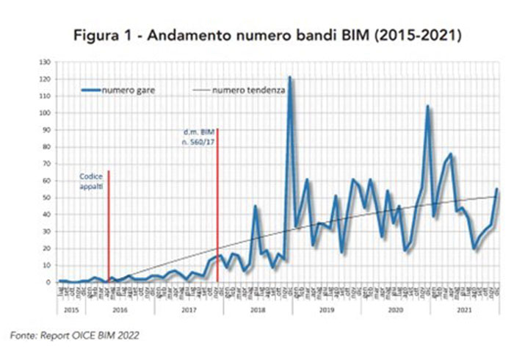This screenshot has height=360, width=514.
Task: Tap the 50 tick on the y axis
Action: point(52,197)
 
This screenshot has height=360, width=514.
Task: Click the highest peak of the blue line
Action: point(289,77)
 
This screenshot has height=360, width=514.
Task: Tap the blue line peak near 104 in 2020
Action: point(427,107)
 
